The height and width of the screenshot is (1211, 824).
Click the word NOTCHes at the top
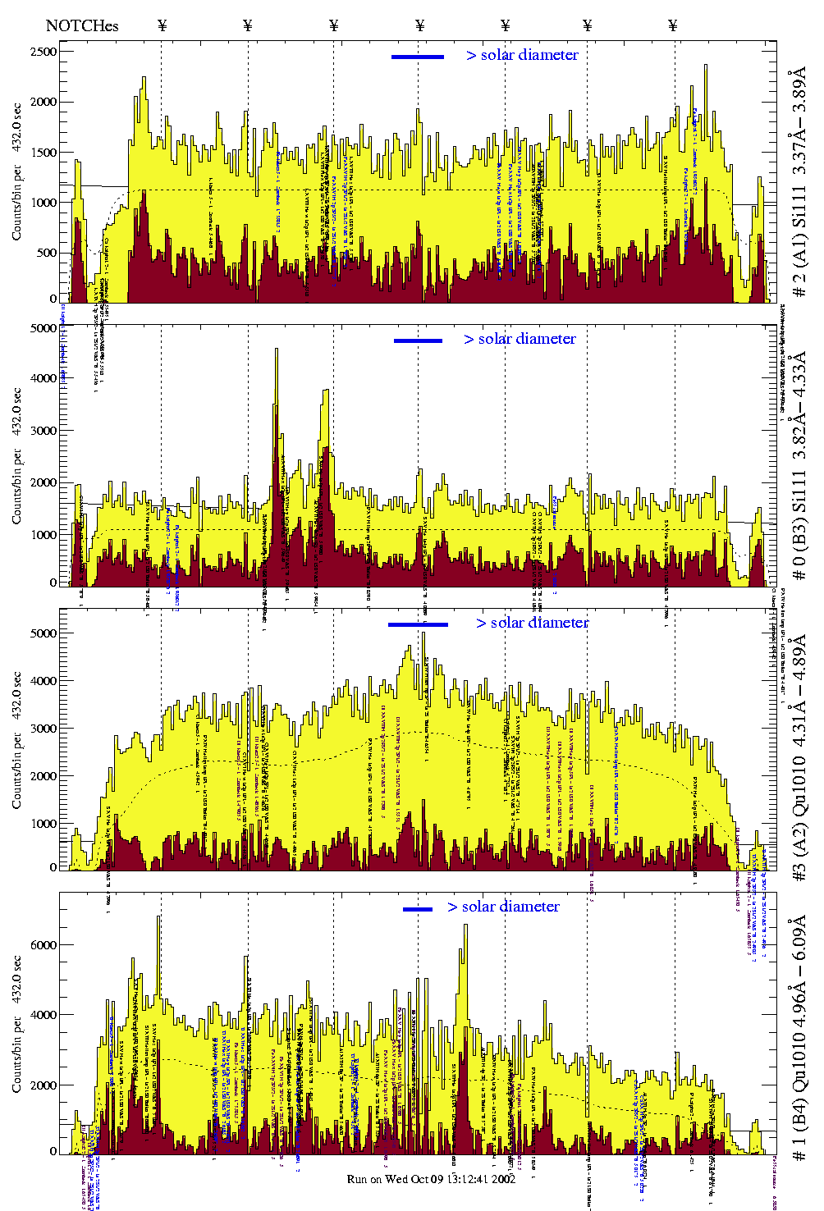(82, 25)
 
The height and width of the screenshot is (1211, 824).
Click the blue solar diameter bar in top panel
(418, 57)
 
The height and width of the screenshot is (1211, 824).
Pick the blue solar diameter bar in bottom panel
(418, 909)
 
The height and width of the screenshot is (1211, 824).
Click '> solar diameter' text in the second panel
(520, 339)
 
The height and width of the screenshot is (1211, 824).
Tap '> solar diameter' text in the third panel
(532, 623)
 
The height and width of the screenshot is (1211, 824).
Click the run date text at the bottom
(431, 1179)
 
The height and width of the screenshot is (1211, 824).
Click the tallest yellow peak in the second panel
(277, 351)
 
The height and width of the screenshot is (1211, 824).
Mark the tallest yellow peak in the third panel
(423, 633)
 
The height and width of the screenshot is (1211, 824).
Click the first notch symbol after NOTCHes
(162, 25)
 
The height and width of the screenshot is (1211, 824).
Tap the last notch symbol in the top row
(673, 25)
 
